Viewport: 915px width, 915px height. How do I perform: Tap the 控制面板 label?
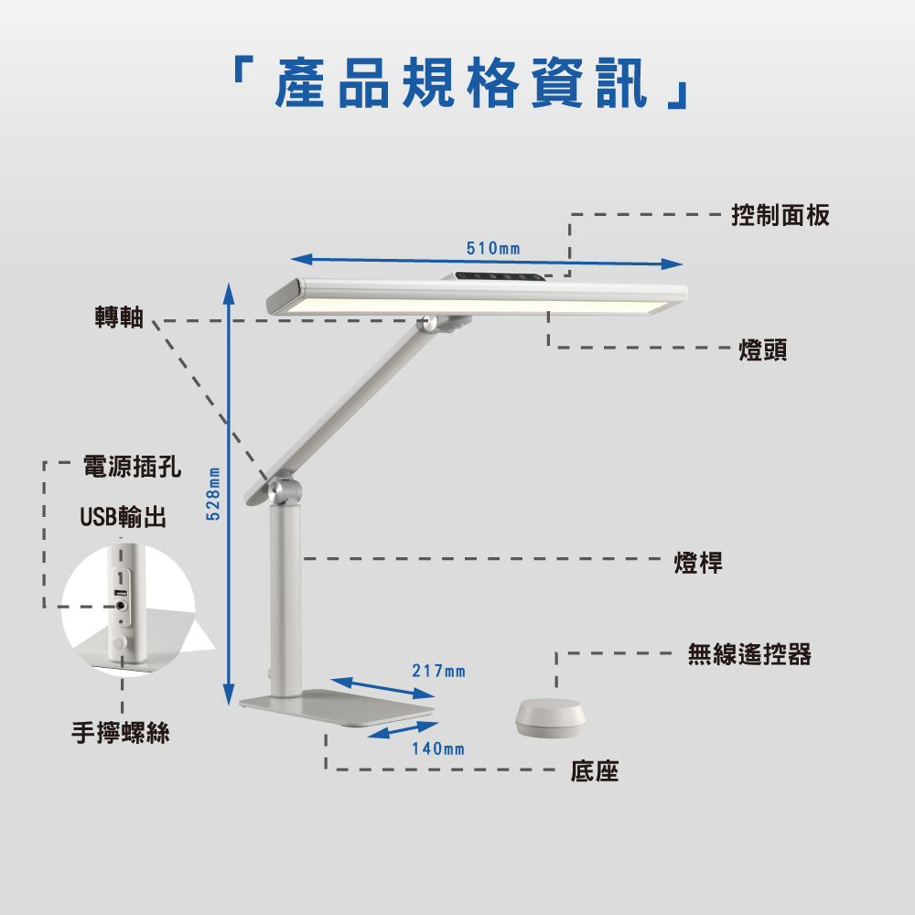click(x=780, y=216)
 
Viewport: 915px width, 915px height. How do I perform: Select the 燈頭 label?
click(x=763, y=350)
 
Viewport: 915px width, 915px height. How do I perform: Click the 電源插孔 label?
click(x=132, y=468)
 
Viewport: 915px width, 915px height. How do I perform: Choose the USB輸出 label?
click(x=123, y=518)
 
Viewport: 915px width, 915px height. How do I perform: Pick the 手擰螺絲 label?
click(x=121, y=733)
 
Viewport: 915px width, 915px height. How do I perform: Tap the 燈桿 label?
click(x=698, y=563)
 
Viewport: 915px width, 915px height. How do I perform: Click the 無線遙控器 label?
click(x=749, y=654)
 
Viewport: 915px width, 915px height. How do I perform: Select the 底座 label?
click(x=595, y=772)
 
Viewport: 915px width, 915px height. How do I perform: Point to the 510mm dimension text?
click(x=493, y=249)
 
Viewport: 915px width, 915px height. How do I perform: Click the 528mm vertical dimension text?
click(x=213, y=494)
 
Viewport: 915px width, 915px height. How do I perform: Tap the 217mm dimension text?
click(x=438, y=673)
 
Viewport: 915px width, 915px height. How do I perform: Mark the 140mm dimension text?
click(x=437, y=749)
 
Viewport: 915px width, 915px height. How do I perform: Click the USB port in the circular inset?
click(x=121, y=603)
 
